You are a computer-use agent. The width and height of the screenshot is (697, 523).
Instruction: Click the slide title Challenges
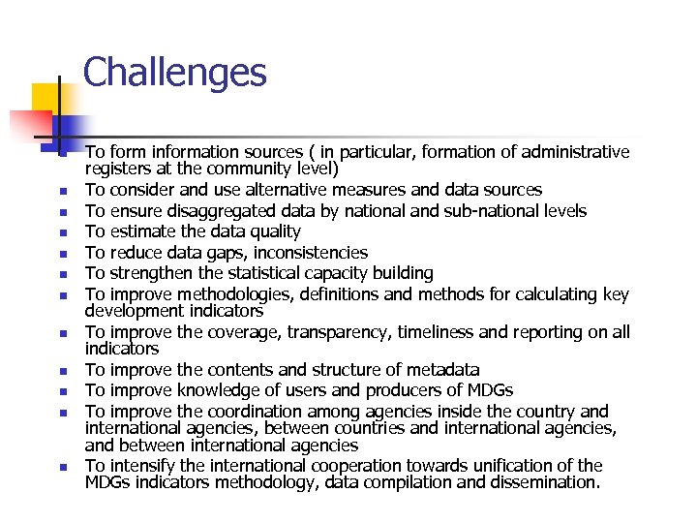click(174, 73)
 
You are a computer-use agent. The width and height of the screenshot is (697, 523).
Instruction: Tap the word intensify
click(143, 466)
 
